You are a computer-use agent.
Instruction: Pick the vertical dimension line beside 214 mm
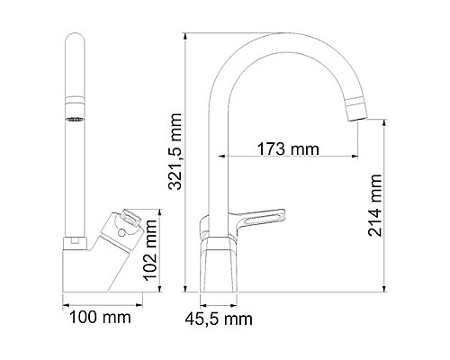click(x=386, y=216)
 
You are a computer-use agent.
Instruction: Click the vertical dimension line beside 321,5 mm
click(x=185, y=162)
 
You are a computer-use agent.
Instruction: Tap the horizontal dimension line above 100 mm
click(x=97, y=303)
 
